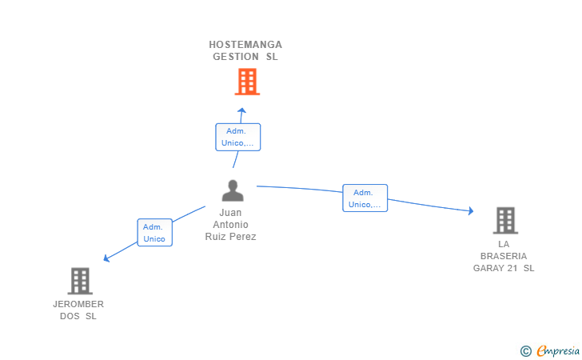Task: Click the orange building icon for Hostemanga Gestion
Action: click(247, 82)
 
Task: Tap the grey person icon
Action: click(233, 190)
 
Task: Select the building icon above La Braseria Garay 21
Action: click(505, 220)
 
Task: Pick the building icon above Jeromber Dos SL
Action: click(80, 281)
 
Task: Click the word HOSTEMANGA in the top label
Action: click(245, 45)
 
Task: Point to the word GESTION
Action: click(236, 57)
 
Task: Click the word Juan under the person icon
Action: click(230, 213)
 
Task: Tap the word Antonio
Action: click(230, 224)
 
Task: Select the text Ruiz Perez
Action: click(230, 237)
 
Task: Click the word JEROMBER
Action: click(78, 304)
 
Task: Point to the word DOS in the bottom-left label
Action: click(70, 316)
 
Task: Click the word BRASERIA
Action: click(504, 256)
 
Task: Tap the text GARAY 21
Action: click(495, 268)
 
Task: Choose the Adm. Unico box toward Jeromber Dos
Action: click(155, 233)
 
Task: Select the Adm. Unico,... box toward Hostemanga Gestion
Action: click(238, 137)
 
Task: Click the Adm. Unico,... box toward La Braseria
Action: click(365, 198)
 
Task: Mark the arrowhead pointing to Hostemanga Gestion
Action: click(242, 110)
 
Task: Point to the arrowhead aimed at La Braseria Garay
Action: click(471, 211)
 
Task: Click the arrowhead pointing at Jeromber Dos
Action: click(106, 258)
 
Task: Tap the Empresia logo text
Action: click(558, 350)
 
